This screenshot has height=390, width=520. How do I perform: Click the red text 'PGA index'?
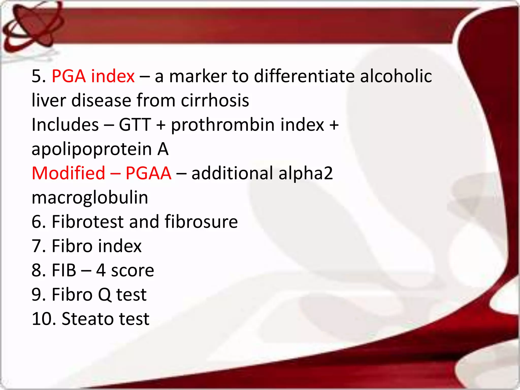pos(93,76)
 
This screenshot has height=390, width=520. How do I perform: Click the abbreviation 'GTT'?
pos(135,125)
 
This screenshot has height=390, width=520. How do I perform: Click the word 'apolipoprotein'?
pos(91,149)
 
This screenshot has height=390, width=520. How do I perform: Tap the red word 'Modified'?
pos(68,173)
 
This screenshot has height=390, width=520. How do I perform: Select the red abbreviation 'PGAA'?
pos(149,173)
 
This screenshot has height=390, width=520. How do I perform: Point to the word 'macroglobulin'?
pos(90,198)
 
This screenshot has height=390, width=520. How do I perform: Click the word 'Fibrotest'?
pos(88,222)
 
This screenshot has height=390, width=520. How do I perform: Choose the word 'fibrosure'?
pos(201,222)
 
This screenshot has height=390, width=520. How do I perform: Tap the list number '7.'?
pos(38,246)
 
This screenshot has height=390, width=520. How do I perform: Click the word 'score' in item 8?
pos(133,270)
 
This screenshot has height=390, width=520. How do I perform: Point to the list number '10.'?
pos(43,319)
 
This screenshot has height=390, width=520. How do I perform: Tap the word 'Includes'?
pos(65,125)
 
